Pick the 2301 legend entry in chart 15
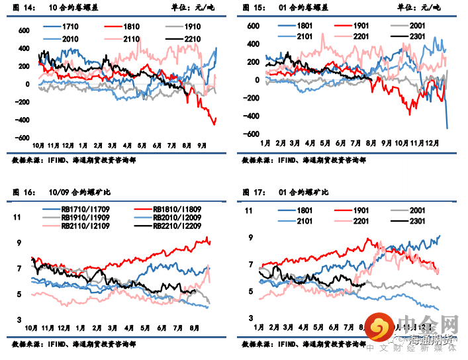click(x=418, y=37)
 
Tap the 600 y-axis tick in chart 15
click(x=252, y=26)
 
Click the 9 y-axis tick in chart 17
click(x=251, y=238)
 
